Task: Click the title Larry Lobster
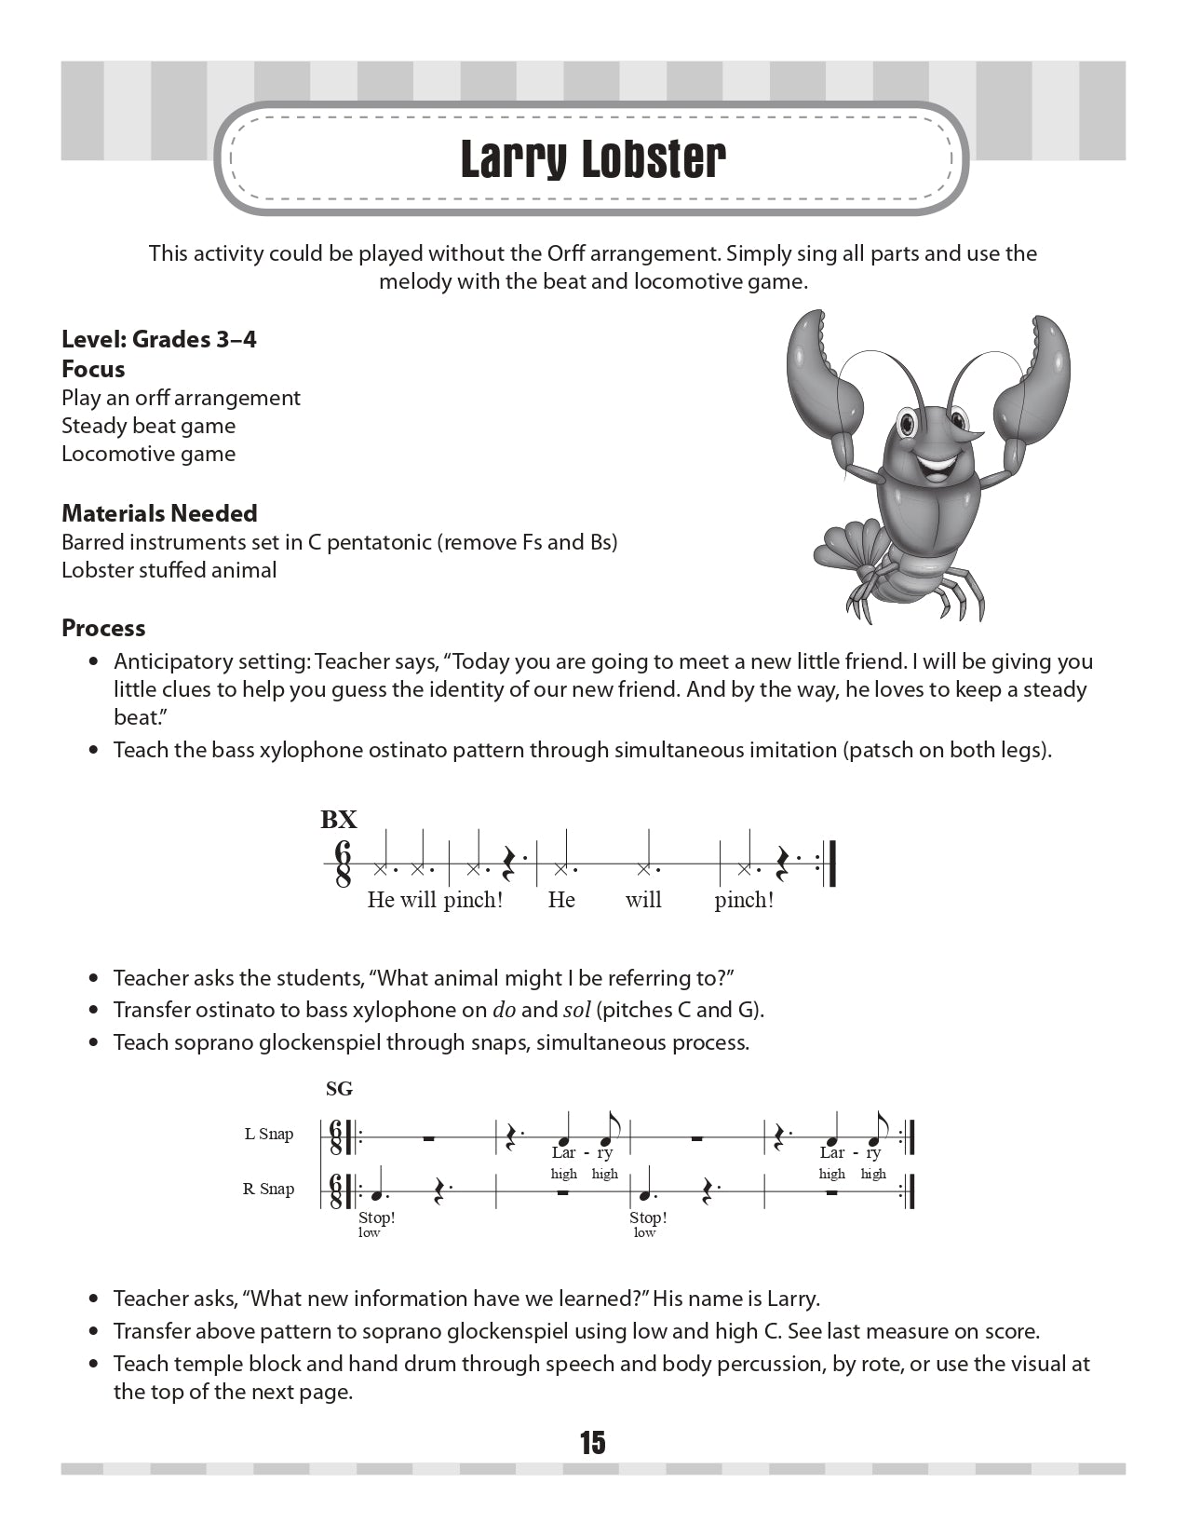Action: pos(593,159)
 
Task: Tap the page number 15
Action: pos(592,1442)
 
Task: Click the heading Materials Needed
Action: pos(159,513)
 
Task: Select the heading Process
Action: pos(103,628)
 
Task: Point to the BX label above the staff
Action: pos(339,820)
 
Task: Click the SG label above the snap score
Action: pos(340,1088)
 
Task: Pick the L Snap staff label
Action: pos(269,1134)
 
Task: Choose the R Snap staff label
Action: pos(268,1189)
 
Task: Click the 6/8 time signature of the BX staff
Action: pos(343,864)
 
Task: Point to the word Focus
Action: pos(93,369)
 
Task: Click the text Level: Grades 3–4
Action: pos(159,339)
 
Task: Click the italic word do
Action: pos(504,1010)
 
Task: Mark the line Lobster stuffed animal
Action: pos(169,570)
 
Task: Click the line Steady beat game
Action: pos(149,426)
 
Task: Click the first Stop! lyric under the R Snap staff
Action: pos(377,1217)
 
